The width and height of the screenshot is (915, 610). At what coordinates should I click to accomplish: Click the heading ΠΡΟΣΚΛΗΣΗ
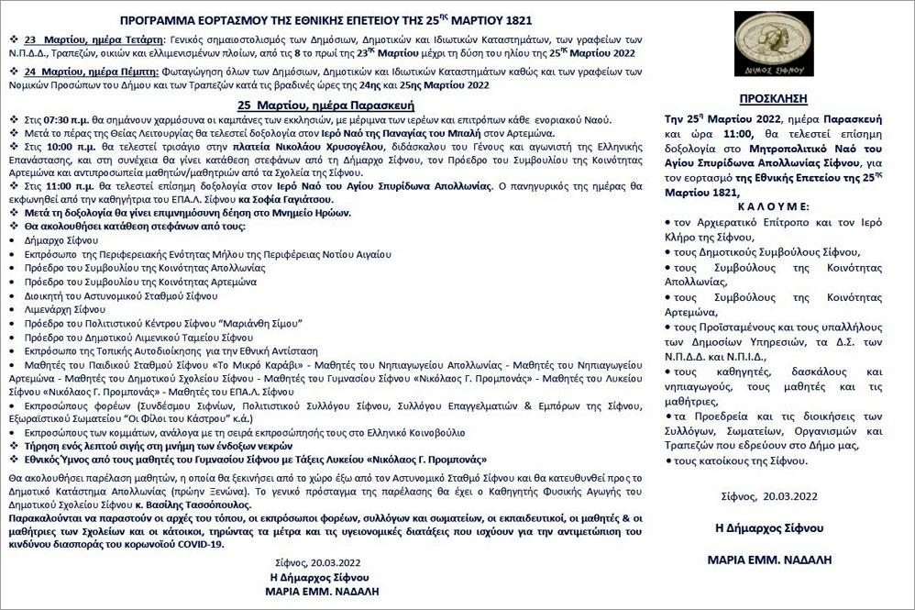pyautogui.click(x=782, y=96)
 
